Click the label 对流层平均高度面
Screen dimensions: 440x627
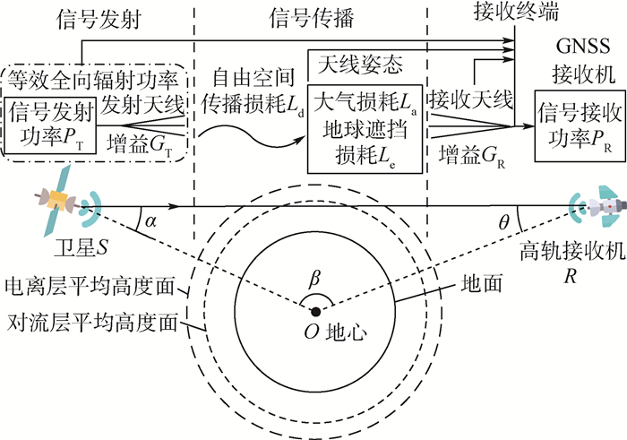[x=89, y=322]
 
